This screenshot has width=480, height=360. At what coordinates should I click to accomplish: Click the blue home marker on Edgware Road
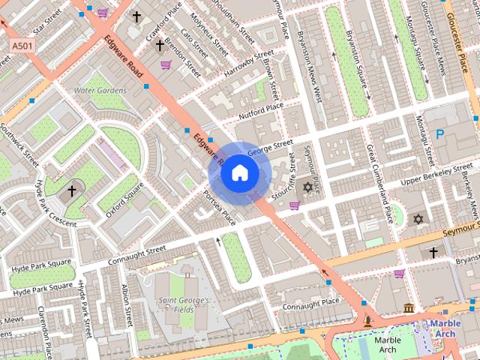click(x=238, y=173)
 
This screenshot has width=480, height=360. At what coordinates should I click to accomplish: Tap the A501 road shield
click(x=22, y=46)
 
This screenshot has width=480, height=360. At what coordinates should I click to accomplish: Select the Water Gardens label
click(x=100, y=90)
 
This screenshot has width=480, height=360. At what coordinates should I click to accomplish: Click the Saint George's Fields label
click(x=182, y=304)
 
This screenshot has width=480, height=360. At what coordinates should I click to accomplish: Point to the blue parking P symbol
click(x=440, y=135)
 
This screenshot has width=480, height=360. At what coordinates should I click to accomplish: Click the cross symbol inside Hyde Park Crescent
click(x=72, y=190)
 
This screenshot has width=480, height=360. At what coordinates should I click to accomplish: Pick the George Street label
click(x=270, y=145)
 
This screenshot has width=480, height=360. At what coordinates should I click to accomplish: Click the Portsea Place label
click(x=220, y=207)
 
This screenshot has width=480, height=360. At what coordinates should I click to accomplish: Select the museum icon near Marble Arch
click(x=408, y=308)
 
